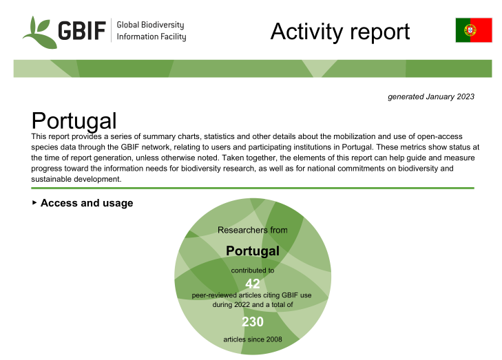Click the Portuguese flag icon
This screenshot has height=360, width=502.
474,30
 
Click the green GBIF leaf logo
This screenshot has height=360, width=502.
38,32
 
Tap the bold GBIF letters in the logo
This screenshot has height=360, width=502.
82,31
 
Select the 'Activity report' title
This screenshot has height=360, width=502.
340,32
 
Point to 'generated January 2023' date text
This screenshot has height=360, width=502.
431,96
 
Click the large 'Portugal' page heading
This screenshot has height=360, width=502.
74,121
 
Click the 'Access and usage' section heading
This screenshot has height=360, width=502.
87,203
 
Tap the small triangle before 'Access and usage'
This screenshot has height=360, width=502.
34,202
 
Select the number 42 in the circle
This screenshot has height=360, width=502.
253,284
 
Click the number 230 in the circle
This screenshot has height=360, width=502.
253,321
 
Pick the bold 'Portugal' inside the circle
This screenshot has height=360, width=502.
253,251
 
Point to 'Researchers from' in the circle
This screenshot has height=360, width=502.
253,230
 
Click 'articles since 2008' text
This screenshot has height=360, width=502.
253,339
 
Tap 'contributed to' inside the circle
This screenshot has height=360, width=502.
253,271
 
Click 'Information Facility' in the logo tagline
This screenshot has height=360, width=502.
151,36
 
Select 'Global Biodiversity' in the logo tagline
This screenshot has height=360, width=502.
151,25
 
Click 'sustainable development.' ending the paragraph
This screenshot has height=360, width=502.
76,179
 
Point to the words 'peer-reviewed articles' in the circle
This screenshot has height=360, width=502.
231,295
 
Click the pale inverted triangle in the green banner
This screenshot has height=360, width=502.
320,68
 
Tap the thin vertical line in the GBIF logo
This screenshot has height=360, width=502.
111,30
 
